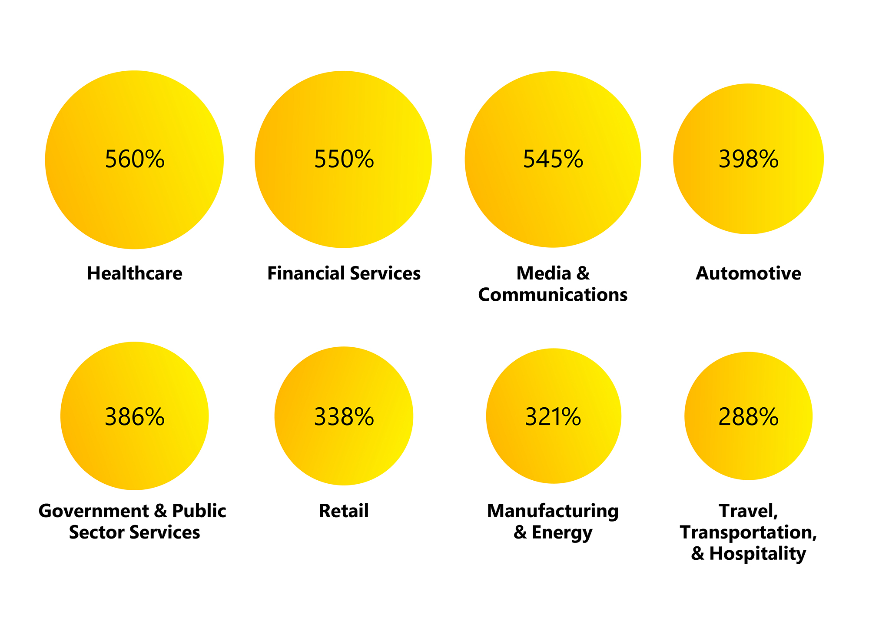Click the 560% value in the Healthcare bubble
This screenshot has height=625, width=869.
pyautogui.click(x=135, y=159)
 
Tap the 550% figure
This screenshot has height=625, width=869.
pyautogui.click(x=344, y=159)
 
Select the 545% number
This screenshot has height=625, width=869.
pyautogui.click(x=553, y=159)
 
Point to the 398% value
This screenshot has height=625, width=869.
pyautogui.click(x=748, y=159)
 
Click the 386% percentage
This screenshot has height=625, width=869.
pyautogui.click(x=135, y=417)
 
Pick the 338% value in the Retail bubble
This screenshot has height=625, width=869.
pyautogui.click(x=344, y=417)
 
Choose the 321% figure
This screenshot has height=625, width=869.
pyautogui.click(x=553, y=417)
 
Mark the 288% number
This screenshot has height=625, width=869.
pyautogui.click(x=748, y=417)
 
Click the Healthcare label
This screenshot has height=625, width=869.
pyautogui.click(x=135, y=273)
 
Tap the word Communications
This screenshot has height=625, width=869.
pyautogui.click(x=553, y=295)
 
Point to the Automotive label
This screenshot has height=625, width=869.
pyautogui.click(x=748, y=273)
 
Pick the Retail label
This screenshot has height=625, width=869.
pyautogui.click(x=344, y=511)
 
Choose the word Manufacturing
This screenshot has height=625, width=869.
pyautogui.click(x=553, y=511)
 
